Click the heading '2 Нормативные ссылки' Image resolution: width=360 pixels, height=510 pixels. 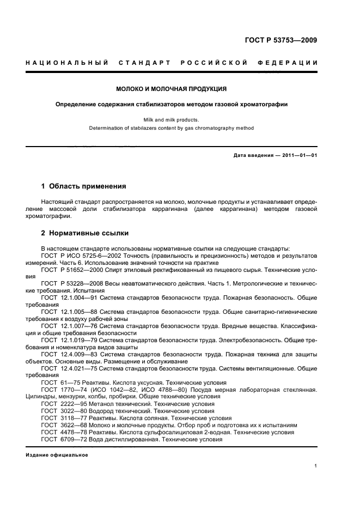coord(85,233)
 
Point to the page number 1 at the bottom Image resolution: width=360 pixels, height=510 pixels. coord(315,465)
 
